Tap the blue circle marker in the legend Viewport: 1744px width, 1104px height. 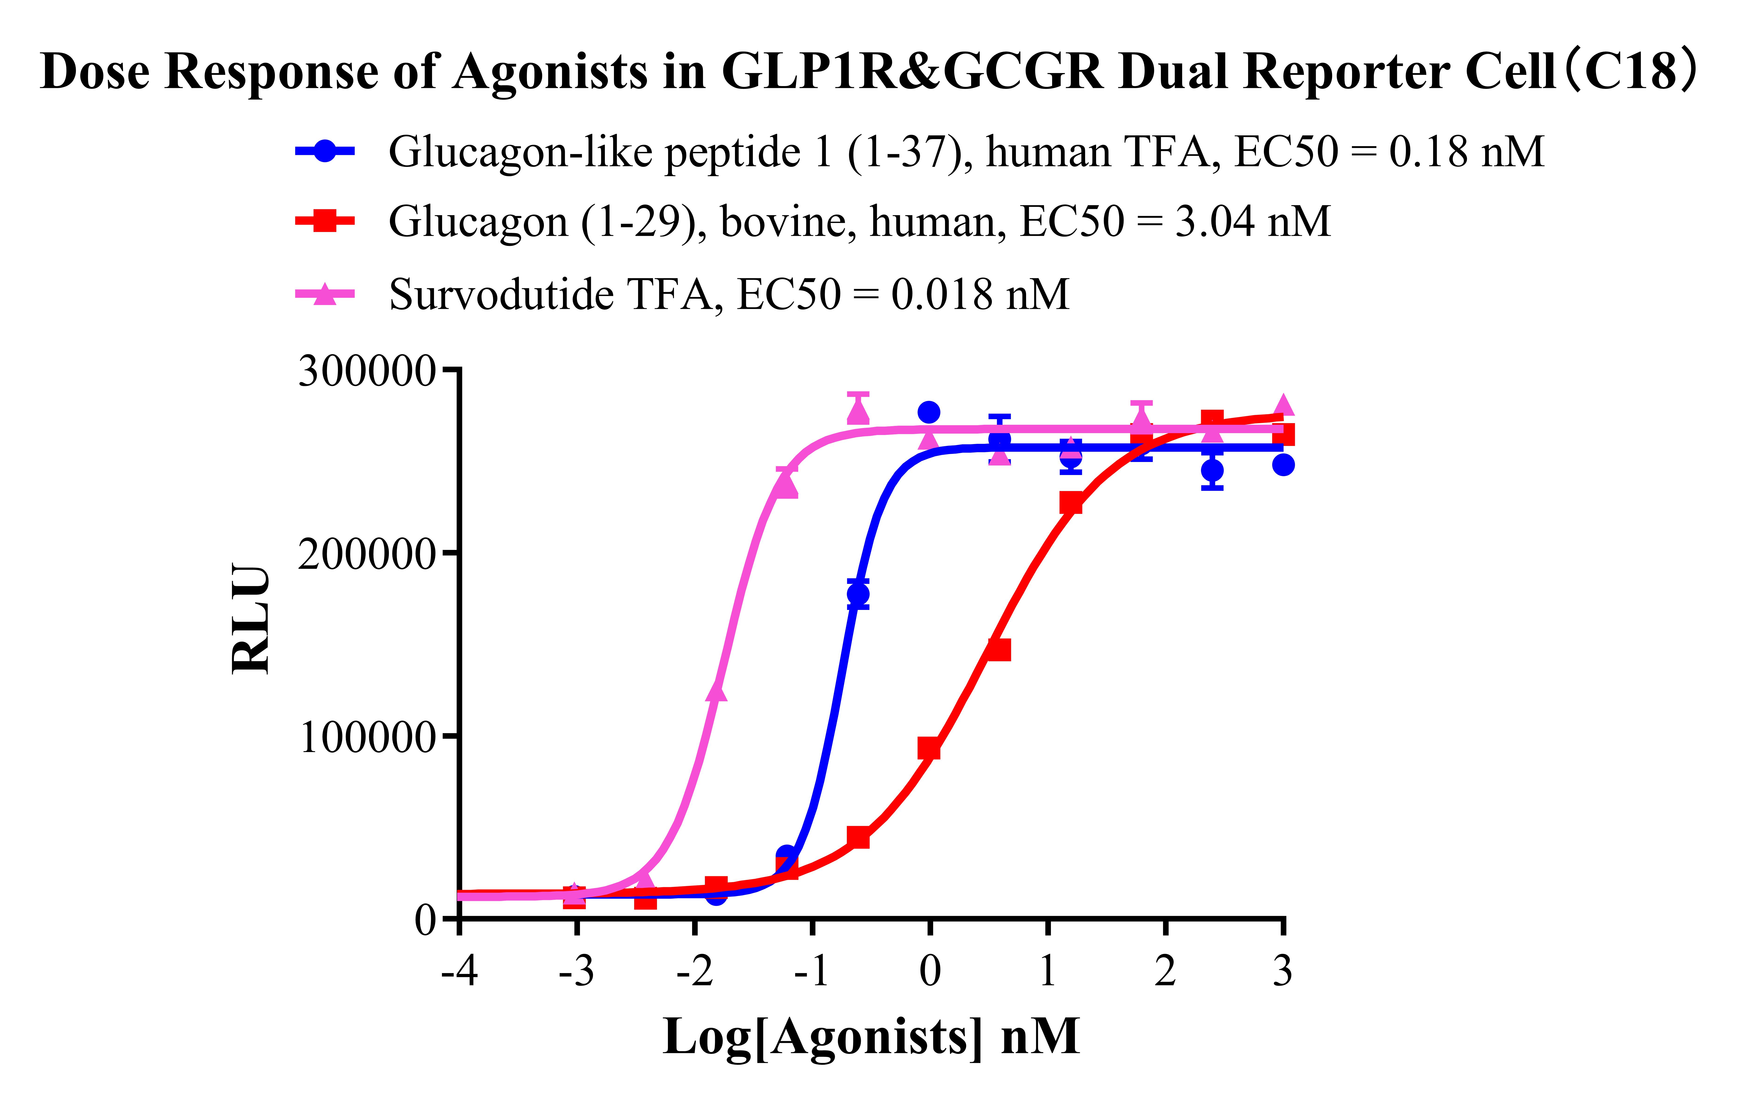(325, 151)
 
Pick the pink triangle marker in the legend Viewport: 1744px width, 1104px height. (325, 294)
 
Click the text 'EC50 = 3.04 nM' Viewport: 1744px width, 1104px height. (1175, 221)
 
